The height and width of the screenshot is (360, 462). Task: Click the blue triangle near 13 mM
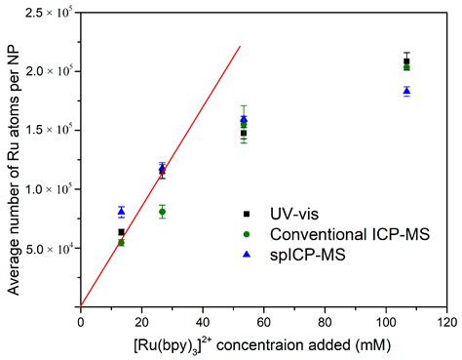(x=121, y=211)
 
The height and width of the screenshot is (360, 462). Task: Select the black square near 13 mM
(x=121, y=232)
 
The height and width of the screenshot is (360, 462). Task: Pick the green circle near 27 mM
(x=162, y=212)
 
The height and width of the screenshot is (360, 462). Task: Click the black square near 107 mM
(x=406, y=61)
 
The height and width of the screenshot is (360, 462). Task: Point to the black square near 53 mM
(x=244, y=133)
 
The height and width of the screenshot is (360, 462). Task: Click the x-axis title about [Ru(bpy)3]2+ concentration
(x=263, y=343)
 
